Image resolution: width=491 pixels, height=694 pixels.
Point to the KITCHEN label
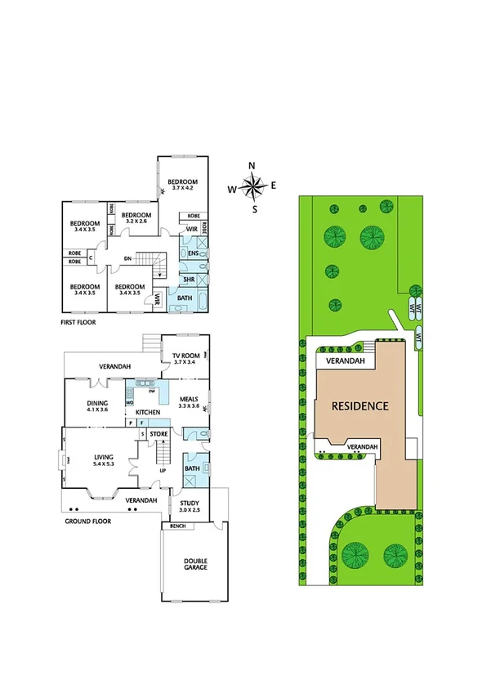[x=147, y=412]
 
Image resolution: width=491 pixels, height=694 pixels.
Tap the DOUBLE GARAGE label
[x=195, y=565]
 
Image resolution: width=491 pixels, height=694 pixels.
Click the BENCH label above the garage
[x=177, y=526]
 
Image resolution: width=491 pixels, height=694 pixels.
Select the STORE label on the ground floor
[x=158, y=432]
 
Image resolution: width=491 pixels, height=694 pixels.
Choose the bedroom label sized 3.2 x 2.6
[x=136, y=217]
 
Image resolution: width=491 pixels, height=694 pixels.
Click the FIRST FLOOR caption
[x=78, y=323]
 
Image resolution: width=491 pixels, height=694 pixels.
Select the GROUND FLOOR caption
[x=87, y=520]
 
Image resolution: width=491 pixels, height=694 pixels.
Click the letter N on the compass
[x=252, y=167]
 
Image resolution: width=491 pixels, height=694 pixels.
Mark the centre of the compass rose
[x=252, y=188]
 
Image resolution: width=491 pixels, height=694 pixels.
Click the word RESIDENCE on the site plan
[x=359, y=405]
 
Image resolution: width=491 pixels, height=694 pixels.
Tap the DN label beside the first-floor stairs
[x=127, y=259]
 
